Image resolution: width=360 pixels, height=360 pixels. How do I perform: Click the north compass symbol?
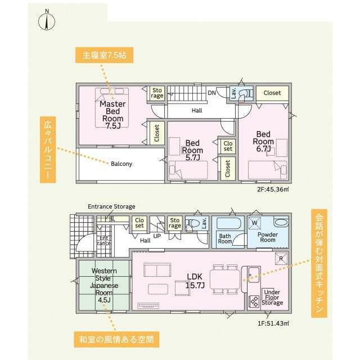[47, 22]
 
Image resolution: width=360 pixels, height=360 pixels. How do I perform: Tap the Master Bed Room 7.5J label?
[112, 115]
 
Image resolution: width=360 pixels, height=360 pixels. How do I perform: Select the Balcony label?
[121, 164]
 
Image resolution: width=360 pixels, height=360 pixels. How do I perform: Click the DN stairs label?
[211, 93]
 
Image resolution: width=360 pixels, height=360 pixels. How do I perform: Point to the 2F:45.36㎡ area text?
[273, 190]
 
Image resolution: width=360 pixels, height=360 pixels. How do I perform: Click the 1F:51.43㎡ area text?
[273, 323]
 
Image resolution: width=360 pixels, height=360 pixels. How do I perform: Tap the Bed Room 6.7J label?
[263, 141]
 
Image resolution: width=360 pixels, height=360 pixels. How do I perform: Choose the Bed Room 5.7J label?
[192, 150]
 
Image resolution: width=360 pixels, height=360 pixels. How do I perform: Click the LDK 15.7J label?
[195, 281]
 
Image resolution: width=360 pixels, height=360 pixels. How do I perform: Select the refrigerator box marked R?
[281, 259]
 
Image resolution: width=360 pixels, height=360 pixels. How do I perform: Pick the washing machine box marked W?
[254, 223]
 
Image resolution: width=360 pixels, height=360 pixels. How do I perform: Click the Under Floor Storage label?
[272, 298]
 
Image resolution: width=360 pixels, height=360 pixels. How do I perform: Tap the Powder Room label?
[268, 237]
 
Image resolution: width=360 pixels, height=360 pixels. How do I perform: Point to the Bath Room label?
[225, 238]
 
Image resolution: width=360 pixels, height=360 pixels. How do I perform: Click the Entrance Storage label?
[111, 206]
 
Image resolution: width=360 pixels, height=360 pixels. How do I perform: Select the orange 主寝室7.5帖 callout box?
[104, 55]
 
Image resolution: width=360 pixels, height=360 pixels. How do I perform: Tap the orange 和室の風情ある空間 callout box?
[116, 339]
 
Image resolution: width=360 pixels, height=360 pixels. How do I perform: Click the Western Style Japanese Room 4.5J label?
[104, 285]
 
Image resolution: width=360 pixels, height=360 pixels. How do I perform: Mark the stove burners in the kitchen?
[254, 301]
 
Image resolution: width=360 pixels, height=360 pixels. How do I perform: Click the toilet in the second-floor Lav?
[243, 94]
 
